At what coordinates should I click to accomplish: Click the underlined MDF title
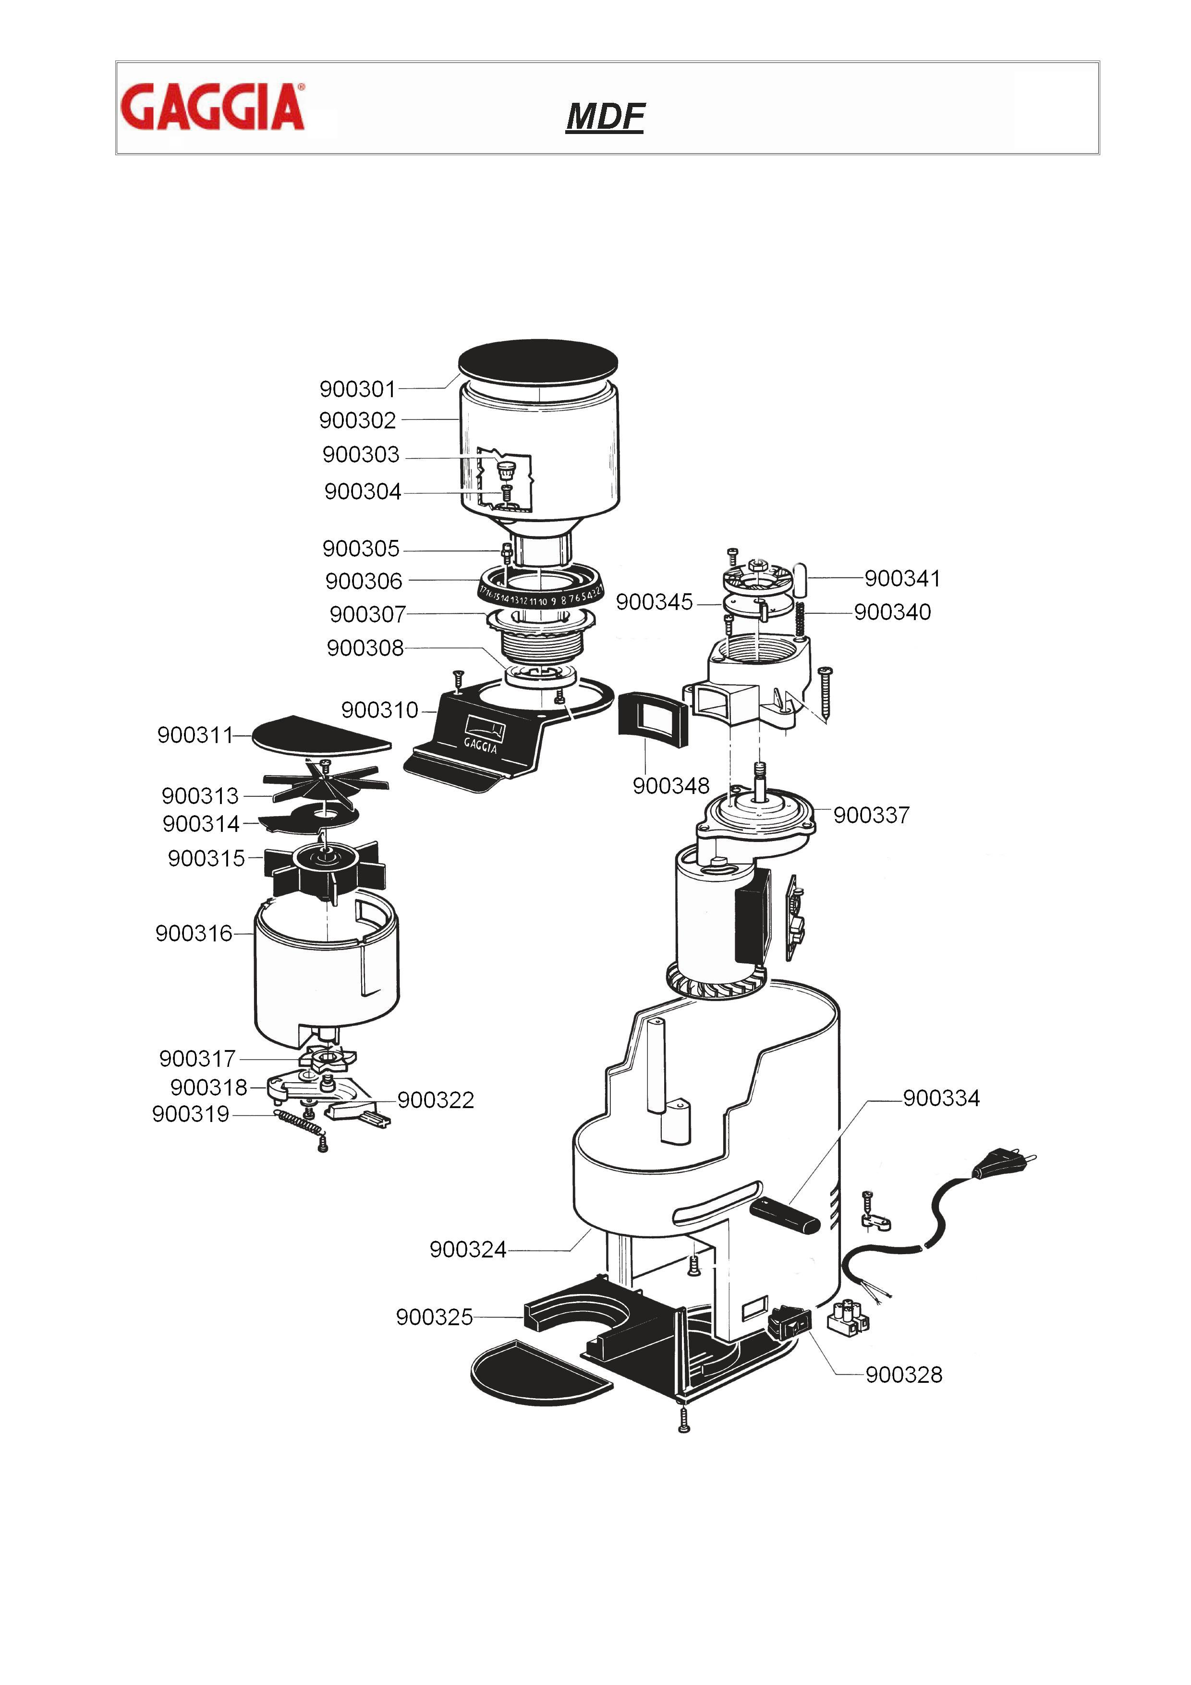tap(605, 117)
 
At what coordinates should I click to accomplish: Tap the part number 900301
tap(357, 389)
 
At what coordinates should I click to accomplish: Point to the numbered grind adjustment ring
tap(542, 591)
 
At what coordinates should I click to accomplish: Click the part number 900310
tap(379, 710)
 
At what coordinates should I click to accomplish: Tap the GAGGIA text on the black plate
tap(481, 745)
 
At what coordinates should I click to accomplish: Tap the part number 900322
tap(436, 1100)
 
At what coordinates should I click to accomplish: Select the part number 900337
tap(871, 815)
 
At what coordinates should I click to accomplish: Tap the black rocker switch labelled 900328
tap(790, 1323)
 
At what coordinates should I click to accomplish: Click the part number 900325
tap(435, 1318)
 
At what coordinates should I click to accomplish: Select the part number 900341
tap(902, 578)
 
